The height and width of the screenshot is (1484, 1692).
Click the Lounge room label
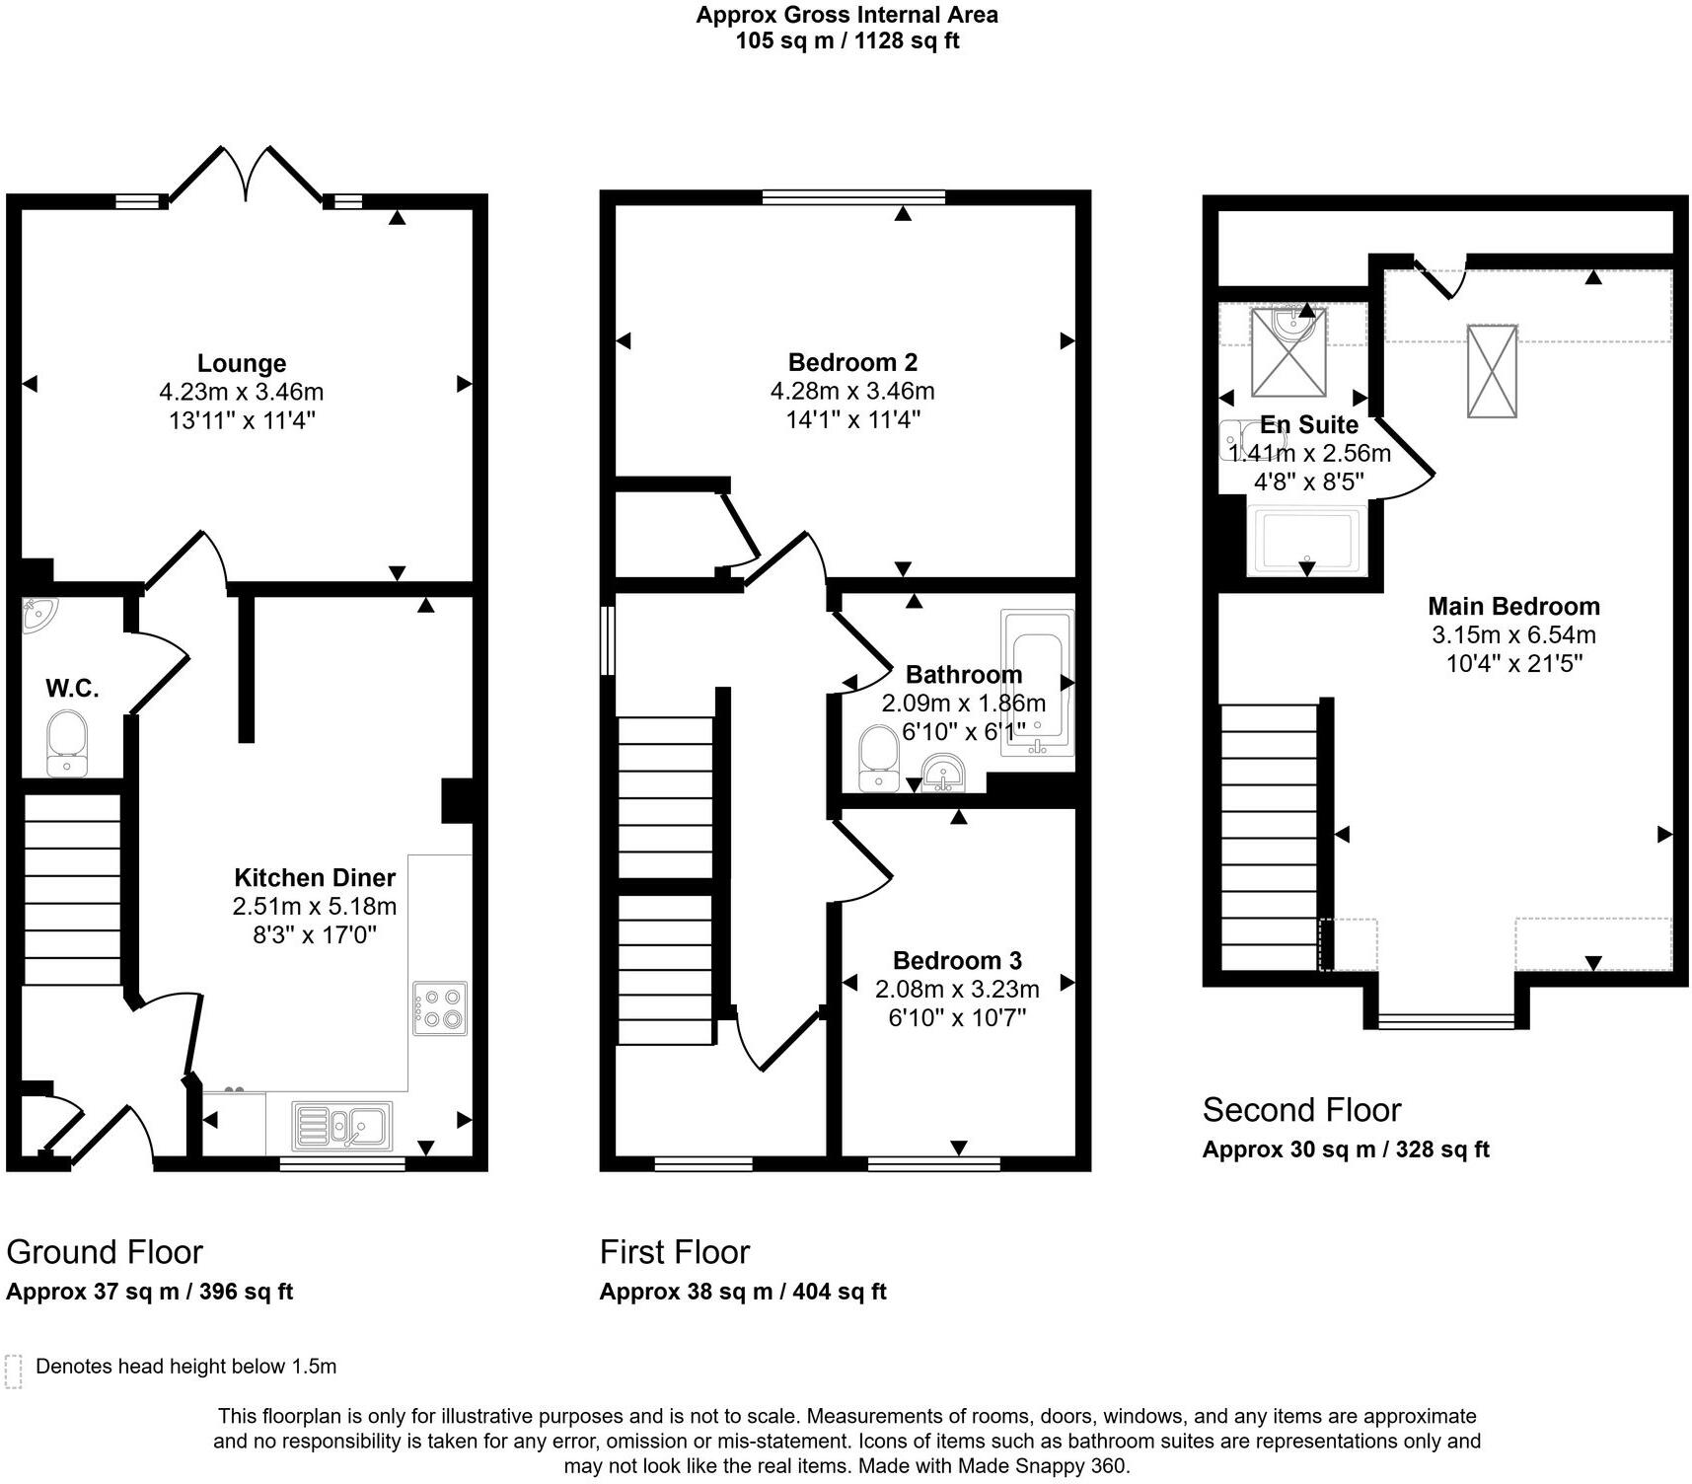point(242,363)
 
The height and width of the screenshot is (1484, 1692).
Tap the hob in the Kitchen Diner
point(440,1007)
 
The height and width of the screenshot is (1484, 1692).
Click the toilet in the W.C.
point(67,742)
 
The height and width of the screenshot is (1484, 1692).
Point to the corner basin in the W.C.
point(37,614)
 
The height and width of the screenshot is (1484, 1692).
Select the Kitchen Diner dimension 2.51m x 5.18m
point(315,906)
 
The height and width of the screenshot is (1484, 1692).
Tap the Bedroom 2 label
point(852,362)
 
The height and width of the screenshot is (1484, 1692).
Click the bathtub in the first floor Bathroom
point(1037,683)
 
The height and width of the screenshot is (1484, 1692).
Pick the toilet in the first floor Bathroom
point(878,758)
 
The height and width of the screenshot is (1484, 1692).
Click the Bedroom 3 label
point(957,960)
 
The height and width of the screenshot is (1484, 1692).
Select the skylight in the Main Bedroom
point(1491,371)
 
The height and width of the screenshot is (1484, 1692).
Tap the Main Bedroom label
point(1513,606)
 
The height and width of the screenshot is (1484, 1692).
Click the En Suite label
point(1308,425)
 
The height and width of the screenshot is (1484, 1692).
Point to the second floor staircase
point(1269,837)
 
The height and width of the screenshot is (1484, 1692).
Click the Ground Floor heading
point(105,1252)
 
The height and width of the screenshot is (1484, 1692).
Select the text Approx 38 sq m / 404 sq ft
point(743,1292)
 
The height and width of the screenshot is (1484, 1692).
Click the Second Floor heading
point(1301,1110)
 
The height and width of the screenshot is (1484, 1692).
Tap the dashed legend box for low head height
point(14,1372)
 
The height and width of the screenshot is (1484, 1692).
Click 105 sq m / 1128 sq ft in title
point(846,41)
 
